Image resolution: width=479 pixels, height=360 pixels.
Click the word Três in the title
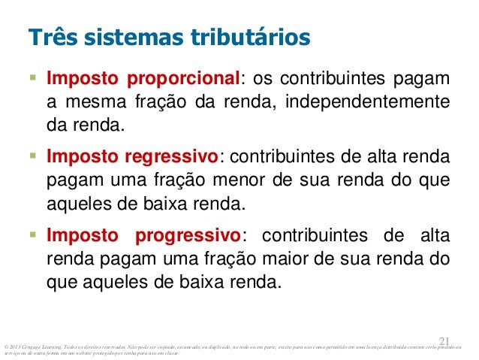(x=49, y=37)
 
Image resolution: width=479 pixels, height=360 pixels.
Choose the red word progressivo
(x=185, y=236)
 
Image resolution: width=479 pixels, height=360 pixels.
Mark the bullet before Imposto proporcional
(x=32, y=79)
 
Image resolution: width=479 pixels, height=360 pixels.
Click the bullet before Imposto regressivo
(x=32, y=157)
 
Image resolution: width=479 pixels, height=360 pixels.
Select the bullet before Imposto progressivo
(x=32, y=235)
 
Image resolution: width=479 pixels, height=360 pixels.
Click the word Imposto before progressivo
(x=79, y=236)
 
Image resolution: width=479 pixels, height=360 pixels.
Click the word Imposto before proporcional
(x=79, y=80)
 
